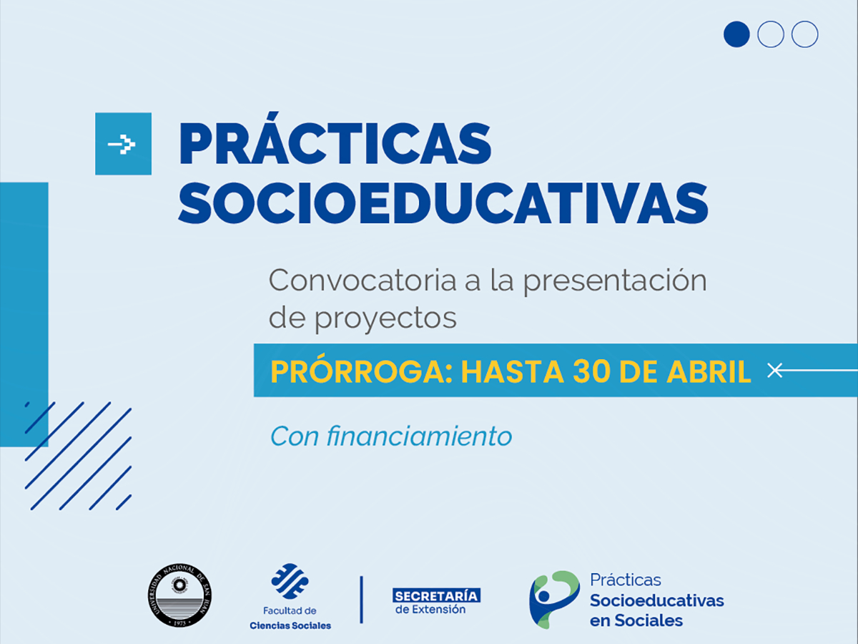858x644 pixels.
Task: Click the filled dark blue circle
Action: [x=736, y=34]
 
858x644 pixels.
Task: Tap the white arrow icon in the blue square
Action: [x=123, y=144]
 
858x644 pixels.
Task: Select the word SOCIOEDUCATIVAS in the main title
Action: [x=443, y=203]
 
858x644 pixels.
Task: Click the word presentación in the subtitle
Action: [x=614, y=280]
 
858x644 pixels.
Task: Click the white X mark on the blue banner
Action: [x=773, y=370]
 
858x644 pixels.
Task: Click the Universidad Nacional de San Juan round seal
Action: [x=180, y=595]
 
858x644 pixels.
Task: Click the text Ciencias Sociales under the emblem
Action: [x=290, y=625]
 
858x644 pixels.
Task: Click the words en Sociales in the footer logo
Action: [x=636, y=620]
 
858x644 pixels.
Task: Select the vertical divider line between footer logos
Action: [x=362, y=599]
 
